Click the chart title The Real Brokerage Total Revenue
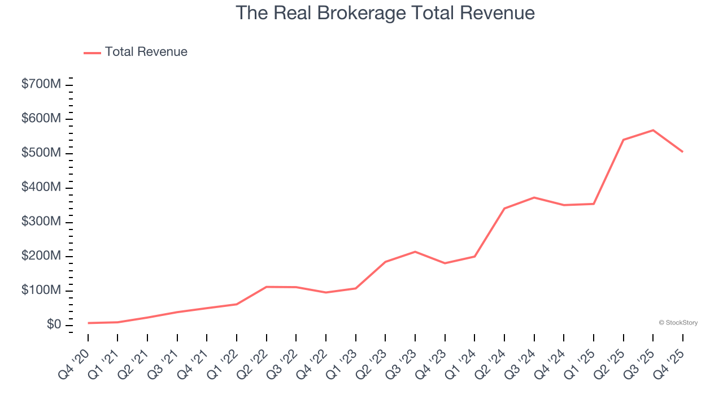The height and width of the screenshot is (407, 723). point(385,13)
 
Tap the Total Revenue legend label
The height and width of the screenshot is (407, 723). point(146,52)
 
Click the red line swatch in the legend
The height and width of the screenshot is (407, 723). point(92,53)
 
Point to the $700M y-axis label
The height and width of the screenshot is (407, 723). point(41,85)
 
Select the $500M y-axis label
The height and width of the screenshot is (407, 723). point(41,154)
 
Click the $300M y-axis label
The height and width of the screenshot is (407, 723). point(41,222)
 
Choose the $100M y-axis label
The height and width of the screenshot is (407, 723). point(41,291)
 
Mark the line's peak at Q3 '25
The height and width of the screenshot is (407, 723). point(653,131)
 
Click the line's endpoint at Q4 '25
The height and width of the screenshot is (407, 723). point(682,151)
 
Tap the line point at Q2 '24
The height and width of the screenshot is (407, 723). point(504,209)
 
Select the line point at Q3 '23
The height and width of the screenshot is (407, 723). point(415,252)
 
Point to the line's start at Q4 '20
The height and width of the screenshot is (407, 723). point(88,323)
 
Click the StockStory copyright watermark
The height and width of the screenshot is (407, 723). point(678,323)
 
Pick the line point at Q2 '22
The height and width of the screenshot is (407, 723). point(267,287)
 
